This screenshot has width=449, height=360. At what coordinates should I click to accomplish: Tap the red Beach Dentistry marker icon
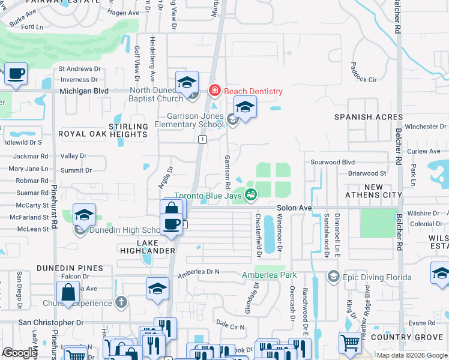pos(213,91)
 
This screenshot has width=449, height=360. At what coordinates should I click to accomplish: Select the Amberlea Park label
pos(270,275)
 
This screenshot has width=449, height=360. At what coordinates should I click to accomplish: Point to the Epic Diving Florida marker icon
pos(334,277)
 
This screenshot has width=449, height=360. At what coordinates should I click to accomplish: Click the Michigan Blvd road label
pos(83,91)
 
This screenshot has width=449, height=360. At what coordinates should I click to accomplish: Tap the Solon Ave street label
pos(294,208)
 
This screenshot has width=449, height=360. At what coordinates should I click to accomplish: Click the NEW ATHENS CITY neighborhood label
pos(373,191)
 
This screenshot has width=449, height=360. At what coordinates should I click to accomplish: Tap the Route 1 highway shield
pos(203,139)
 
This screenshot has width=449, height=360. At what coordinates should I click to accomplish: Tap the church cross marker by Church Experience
pos(121,301)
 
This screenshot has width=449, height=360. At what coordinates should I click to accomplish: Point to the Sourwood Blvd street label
pos(333,162)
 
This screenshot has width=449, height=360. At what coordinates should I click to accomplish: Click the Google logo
pos(20,353)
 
